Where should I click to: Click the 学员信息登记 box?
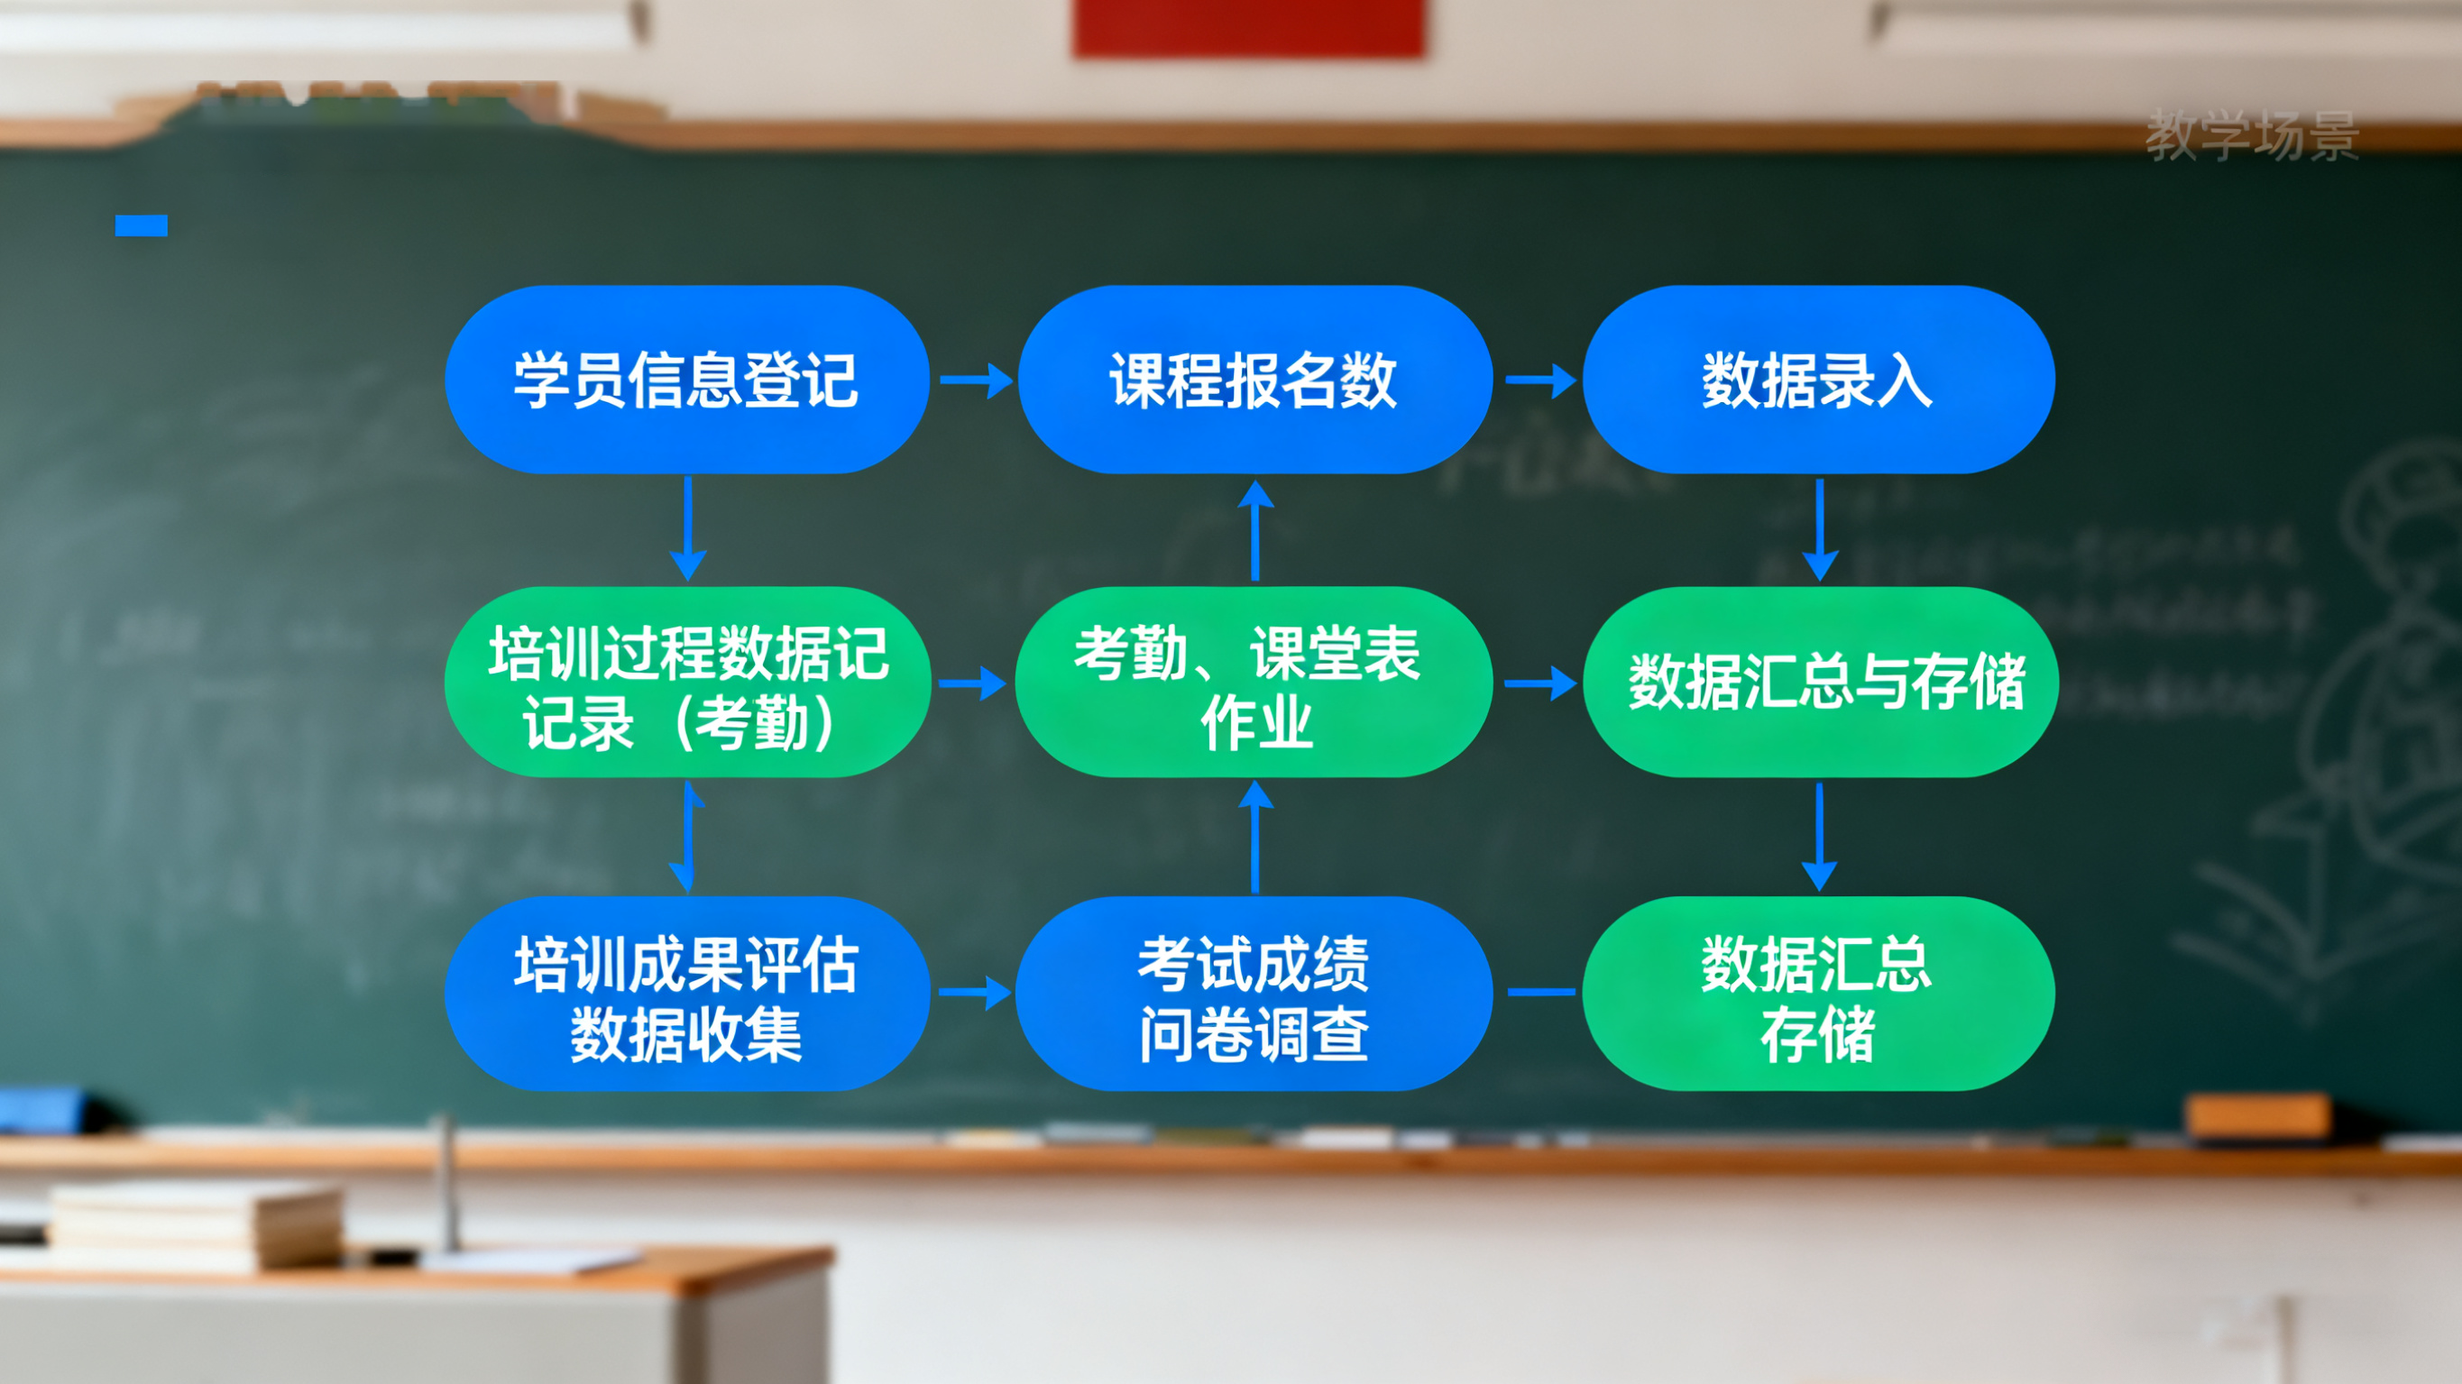(x=686, y=380)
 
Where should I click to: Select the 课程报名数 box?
(x=1254, y=380)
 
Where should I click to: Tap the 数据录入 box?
(x=1818, y=380)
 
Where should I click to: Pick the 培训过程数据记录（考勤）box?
(x=686, y=683)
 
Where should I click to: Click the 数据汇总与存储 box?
(x=1820, y=683)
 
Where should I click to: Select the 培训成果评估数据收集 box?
(x=686, y=994)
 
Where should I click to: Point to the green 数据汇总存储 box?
(x=1818, y=994)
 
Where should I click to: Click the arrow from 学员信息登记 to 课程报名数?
(x=975, y=380)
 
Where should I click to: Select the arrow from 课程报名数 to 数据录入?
(x=1539, y=380)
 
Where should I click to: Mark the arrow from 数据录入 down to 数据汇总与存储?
(x=1820, y=529)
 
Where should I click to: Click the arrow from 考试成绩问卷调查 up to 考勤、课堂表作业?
(x=1254, y=838)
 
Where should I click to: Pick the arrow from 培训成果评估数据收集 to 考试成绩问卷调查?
(x=974, y=993)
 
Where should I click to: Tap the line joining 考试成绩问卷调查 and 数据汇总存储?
(x=1540, y=993)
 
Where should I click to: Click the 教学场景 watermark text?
(x=2252, y=136)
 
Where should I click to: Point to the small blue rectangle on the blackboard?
(x=142, y=225)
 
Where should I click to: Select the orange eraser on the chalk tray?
(x=2257, y=1115)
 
